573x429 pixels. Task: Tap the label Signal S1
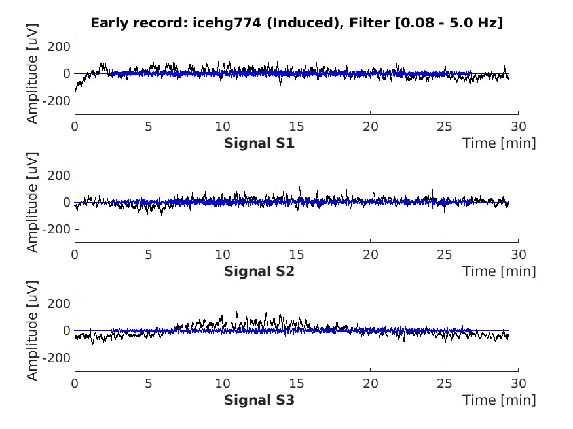coord(259,143)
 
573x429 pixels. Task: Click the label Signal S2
coord(259,271)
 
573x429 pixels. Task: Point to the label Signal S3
coord(259,399)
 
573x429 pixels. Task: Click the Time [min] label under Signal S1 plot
coord(499,143)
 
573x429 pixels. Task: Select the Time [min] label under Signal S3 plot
coord(499,399)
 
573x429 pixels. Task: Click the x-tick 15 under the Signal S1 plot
coord(297,126)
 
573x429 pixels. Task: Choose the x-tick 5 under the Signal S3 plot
coord(149,383)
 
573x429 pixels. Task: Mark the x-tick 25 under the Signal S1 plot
coord(445,126)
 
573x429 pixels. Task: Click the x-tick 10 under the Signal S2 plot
coord(223,254)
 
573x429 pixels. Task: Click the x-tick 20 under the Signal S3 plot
coord(371,383)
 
